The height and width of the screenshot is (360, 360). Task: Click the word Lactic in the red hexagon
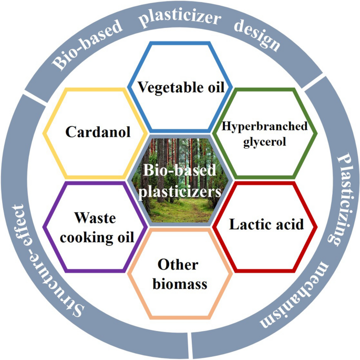248,224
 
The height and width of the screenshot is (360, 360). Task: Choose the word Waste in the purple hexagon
87,218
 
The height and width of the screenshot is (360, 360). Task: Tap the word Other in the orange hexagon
179,265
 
